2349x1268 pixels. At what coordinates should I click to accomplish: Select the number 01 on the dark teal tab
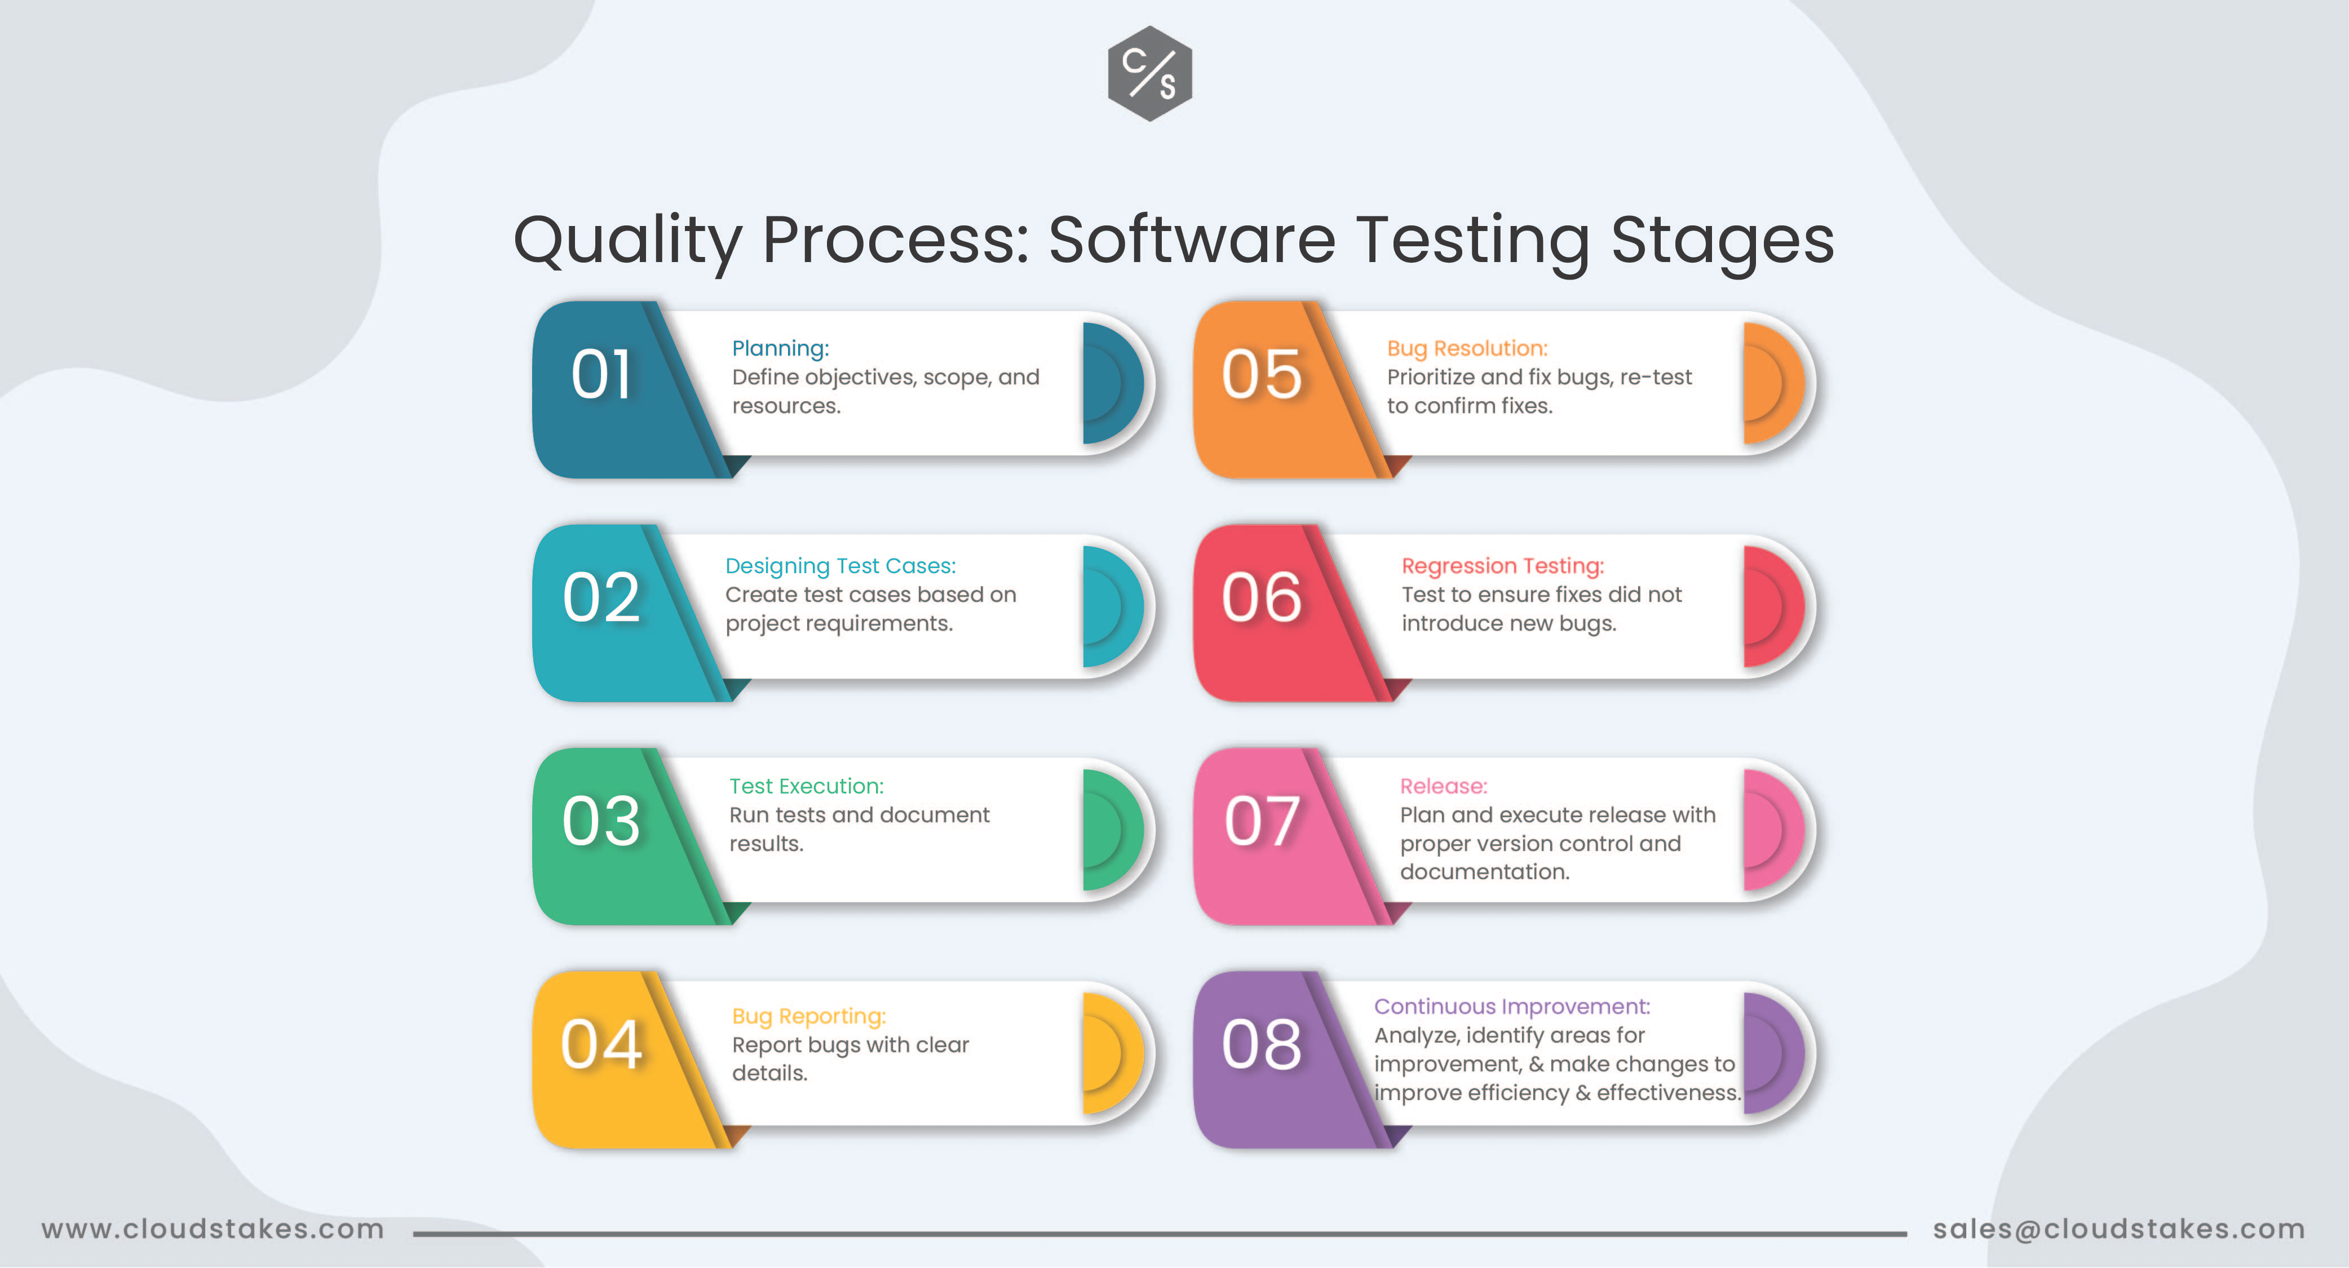(x=601, y=375)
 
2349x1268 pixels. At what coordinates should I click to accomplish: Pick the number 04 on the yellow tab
(x=601, y=1045)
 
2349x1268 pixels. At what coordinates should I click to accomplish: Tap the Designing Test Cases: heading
(x=840, y=566)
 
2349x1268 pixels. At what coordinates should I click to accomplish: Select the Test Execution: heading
(x=806, y=786)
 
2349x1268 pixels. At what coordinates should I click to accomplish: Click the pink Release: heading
(x=1444, y=786)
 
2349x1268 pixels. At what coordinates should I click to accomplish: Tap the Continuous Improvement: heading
(x=1512, y=1007)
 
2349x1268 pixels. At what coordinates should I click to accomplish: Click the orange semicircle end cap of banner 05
(x=1773, y=383)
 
